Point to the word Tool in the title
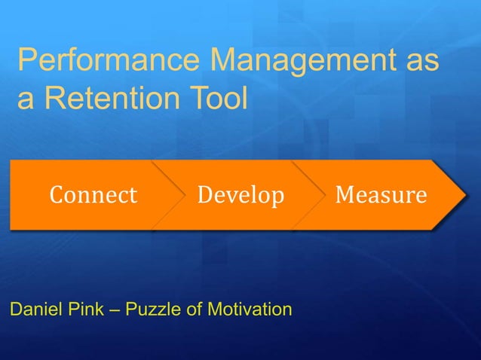219,100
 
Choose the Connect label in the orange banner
93,196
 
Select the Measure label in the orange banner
381,196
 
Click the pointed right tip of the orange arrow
465,194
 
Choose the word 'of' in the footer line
195,310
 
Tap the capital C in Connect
57,196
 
